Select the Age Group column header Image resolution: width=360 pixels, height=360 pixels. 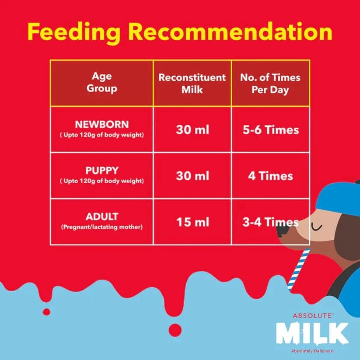(101, 83)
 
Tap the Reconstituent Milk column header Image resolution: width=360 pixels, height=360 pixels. (192, 83)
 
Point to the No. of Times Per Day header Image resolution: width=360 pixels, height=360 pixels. (270, 83)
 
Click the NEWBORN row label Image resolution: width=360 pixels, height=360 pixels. (101, 124)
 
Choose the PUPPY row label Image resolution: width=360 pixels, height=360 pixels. (101, 170)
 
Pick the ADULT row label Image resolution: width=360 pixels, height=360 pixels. (101, 217)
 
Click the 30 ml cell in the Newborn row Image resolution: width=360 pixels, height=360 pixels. (192, 130)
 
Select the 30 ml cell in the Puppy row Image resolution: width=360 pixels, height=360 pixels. (192, 176)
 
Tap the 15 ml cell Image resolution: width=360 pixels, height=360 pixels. (192, 222)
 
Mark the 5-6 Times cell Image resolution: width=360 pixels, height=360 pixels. (270, 130)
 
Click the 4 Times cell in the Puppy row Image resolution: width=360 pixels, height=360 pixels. (270, 176)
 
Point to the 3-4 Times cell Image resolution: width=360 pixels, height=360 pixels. (270, 222)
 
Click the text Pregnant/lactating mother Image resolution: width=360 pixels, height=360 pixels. (101, 227)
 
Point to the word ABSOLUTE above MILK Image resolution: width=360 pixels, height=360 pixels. (312, 315)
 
